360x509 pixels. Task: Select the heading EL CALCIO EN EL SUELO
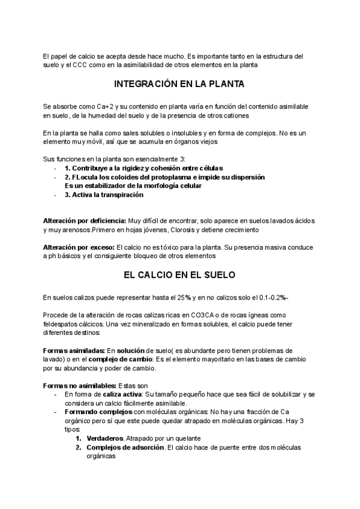pos(179,275)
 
